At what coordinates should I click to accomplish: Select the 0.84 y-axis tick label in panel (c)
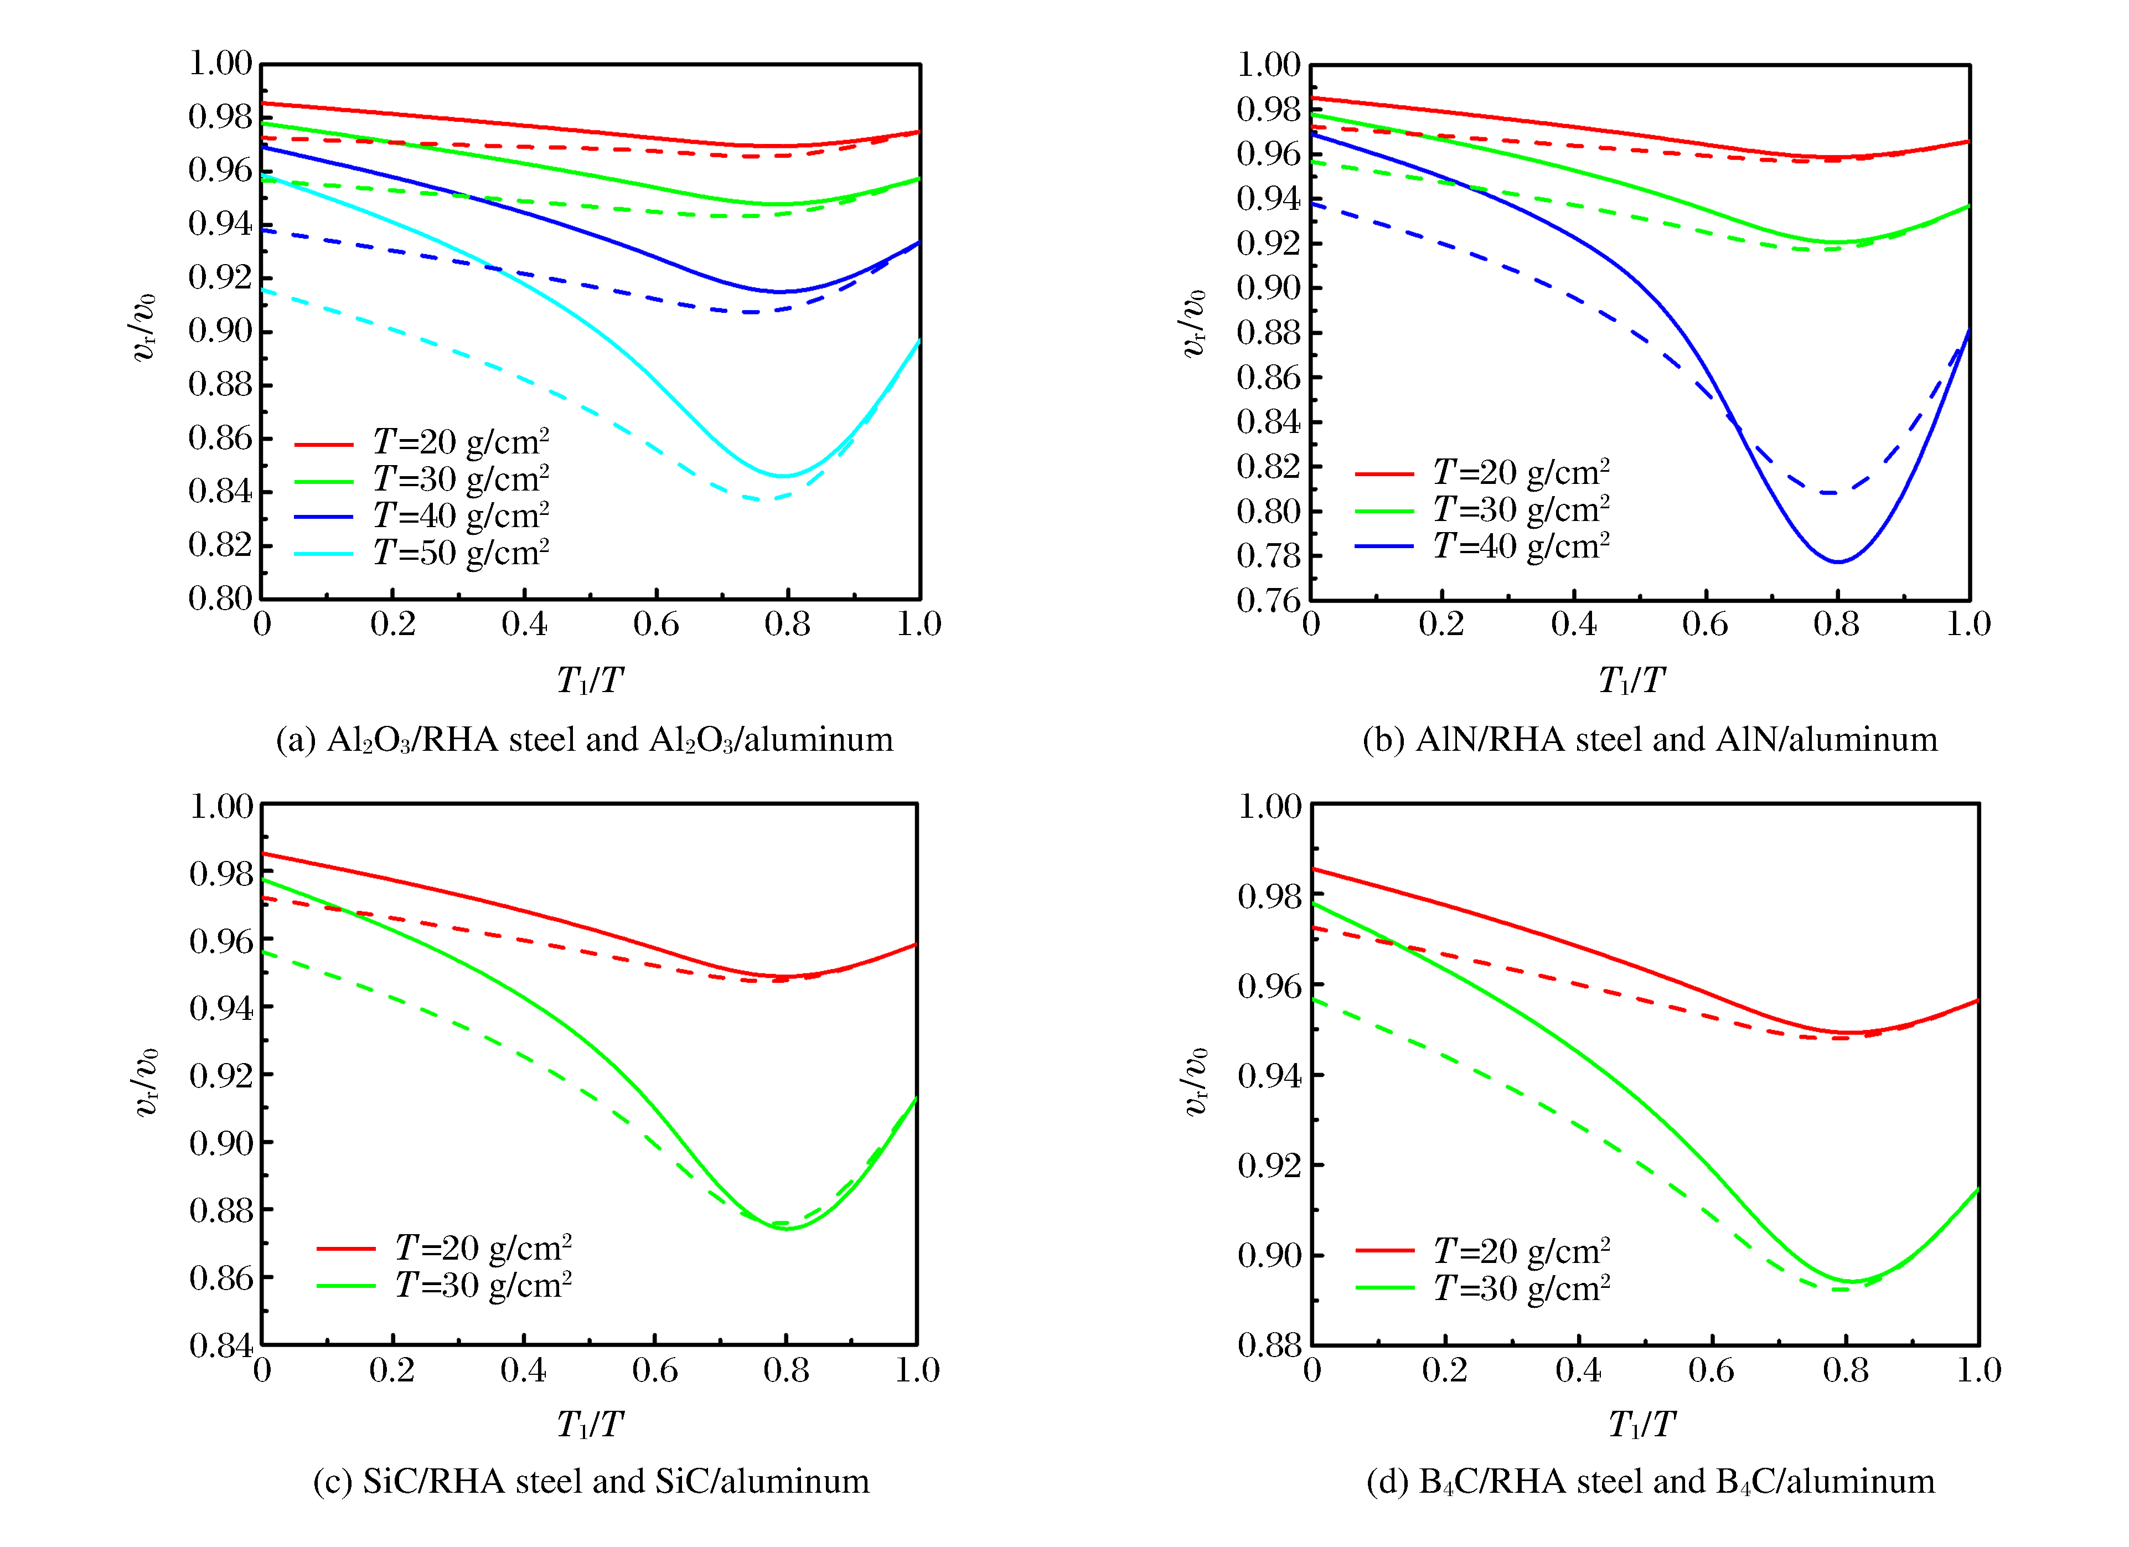pyautogui.click(x=221, y=1345)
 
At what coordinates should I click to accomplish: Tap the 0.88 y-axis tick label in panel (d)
pyautogui.click(x=1269, y=1345)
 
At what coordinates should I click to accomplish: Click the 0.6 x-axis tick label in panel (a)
pyautogui.click(x=655, y=624)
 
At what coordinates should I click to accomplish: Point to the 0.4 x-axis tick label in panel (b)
pyautogui.click(x=1573, y=624)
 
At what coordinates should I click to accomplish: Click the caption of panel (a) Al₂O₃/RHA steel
pyautogui.click(x=584, y=740)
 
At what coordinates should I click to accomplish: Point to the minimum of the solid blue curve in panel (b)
pyautogui.click(x=1837, y=561)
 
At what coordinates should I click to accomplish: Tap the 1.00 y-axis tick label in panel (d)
pyautogui.click(x=1269, y=806)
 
